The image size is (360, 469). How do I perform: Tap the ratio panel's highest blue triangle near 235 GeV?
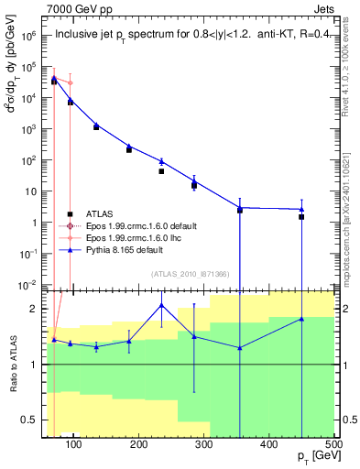[x=161, y=305]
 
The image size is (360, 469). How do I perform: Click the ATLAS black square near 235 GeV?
[x=161, y=171]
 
